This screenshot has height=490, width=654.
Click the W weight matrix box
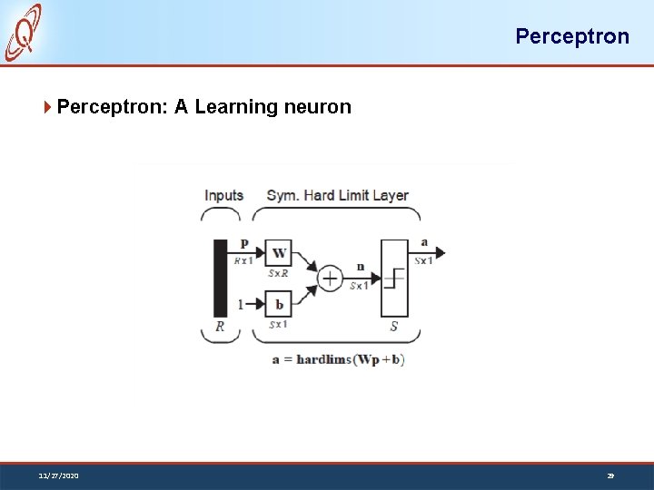point(279,253)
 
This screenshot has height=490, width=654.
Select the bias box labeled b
point(279,304)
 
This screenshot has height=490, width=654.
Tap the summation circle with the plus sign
point(329,279)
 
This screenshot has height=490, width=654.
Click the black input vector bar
point(220,278)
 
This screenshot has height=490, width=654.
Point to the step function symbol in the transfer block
point(394,278)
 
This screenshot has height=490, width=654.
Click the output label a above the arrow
point(425,242)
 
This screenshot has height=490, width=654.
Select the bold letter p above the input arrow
point(243,243)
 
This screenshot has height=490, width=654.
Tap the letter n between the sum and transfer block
point(360,267)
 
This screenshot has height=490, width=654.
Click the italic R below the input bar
point(220,327)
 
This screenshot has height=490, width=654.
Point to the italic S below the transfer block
point(393,327)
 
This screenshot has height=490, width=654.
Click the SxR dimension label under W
point(278,273)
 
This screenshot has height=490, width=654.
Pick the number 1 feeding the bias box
point(241,305)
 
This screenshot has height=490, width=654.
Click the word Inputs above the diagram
point(223,195)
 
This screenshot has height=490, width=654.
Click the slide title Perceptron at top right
point(571,36)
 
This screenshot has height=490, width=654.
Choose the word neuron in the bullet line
point(317,107)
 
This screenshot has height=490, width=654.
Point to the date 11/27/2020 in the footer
point(58,475)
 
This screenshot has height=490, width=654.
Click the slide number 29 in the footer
point(610,475)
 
